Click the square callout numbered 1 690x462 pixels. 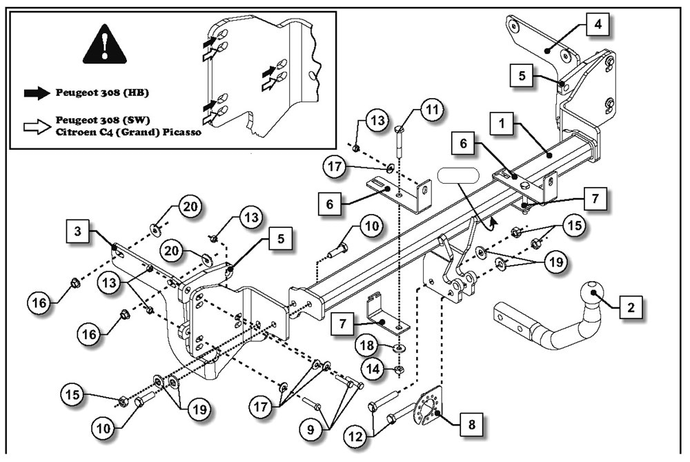[502, 125]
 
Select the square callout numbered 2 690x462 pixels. [630, 307]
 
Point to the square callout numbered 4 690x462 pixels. [598, 27]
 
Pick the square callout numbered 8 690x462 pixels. [471, 424]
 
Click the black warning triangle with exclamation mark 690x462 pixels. [104, 46]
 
